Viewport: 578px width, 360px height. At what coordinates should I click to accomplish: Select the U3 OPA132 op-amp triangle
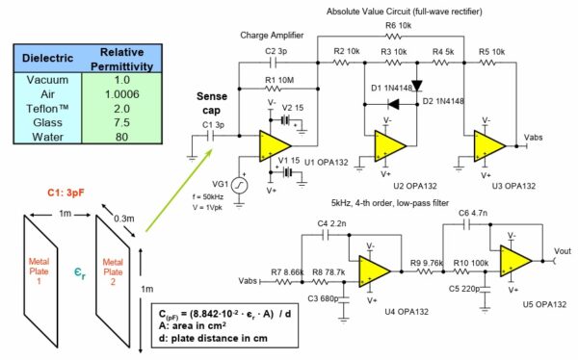click(488, 141)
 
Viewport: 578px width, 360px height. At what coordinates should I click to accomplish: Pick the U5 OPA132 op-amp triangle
click(515, 260)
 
